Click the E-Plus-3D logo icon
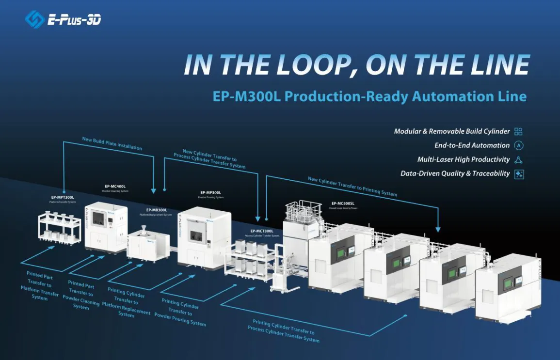(35, 19)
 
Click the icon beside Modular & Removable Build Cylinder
(518, 131)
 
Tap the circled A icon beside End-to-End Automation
(518, 145)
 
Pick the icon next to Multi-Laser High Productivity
(518, 159)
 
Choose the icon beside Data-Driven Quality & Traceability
(518, 173)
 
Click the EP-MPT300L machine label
(62, 197)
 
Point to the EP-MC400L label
(115, 186)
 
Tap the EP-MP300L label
(210, 192)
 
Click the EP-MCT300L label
(262, 231)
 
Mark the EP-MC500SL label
(343, 203)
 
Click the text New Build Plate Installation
(112, 143)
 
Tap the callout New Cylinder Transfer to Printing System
(352, 187)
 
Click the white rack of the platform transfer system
(60, 228)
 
